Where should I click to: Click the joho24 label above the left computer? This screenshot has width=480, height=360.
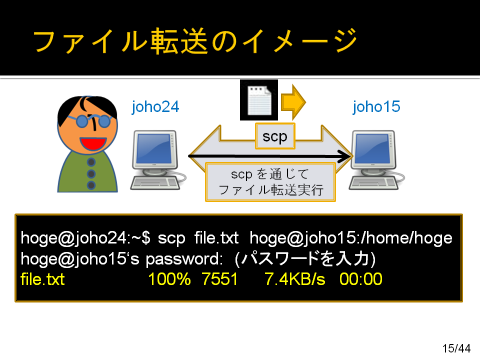(155, 107)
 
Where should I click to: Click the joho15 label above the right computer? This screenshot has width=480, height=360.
(376, 107)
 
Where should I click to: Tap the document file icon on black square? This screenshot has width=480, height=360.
(259, 100)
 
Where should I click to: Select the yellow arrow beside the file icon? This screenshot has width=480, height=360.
(293, 102)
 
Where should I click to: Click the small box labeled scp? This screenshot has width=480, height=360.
(275, 136)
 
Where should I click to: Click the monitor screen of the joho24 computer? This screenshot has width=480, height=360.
(154, 149)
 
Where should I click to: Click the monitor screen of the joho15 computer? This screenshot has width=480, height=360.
(372, 149)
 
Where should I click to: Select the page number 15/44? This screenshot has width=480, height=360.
(456, 348)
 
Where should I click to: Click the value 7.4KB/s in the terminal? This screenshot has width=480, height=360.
(295, 279)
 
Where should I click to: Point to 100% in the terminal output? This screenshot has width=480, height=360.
(169, 279)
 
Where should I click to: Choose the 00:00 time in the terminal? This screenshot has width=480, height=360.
(361, 279)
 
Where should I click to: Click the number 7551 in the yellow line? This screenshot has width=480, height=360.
(220, 279)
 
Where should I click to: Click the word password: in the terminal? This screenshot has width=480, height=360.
(184, 259)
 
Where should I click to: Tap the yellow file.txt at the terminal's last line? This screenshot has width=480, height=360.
(42, 279)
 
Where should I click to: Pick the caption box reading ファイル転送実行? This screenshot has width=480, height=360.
(270, 182)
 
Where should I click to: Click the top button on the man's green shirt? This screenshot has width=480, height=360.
(91, 162)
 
